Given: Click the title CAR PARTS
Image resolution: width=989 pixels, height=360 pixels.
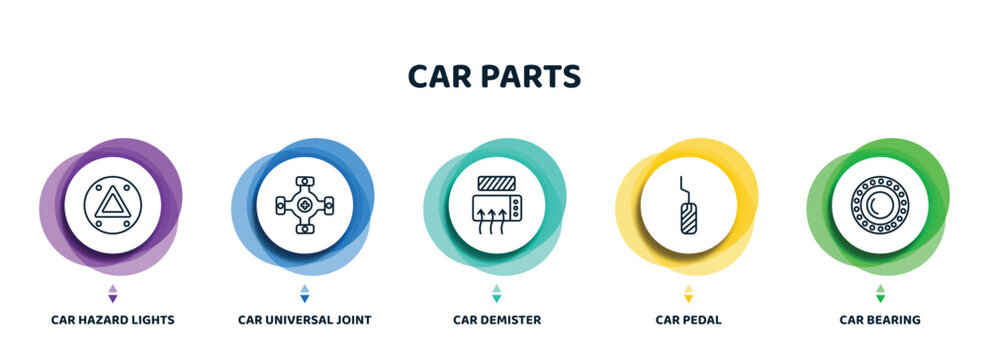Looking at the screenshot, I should coord(494,77).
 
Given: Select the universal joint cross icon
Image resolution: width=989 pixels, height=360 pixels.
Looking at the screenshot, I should coord(304,205).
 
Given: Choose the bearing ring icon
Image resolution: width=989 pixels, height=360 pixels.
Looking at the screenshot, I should coord(880,205).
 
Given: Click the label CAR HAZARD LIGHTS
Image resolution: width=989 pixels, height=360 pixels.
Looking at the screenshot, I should coord(112,320).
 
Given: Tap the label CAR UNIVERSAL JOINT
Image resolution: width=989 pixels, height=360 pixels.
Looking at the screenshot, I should coord(304,320).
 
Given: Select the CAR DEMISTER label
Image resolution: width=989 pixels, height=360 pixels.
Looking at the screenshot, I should coord(497,320).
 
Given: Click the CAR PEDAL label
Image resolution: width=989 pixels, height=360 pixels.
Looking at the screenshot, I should coord(688,320).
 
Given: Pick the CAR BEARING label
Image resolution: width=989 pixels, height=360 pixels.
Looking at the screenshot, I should coord(880,320).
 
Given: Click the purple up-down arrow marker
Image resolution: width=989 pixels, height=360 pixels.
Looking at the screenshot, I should coord(112,293).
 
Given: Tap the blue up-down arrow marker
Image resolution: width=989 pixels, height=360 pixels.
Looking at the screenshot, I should coord(304,293).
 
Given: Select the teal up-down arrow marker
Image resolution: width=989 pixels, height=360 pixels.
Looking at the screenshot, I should coord(497,293).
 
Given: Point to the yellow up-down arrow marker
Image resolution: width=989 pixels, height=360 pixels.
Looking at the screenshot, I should coord(688,293).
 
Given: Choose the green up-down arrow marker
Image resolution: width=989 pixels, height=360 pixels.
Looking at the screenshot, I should coord(880,293).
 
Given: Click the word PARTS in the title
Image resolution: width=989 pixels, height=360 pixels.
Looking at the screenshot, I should coord(535,77).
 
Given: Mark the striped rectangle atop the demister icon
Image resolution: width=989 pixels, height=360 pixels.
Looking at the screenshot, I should coord(496,184).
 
